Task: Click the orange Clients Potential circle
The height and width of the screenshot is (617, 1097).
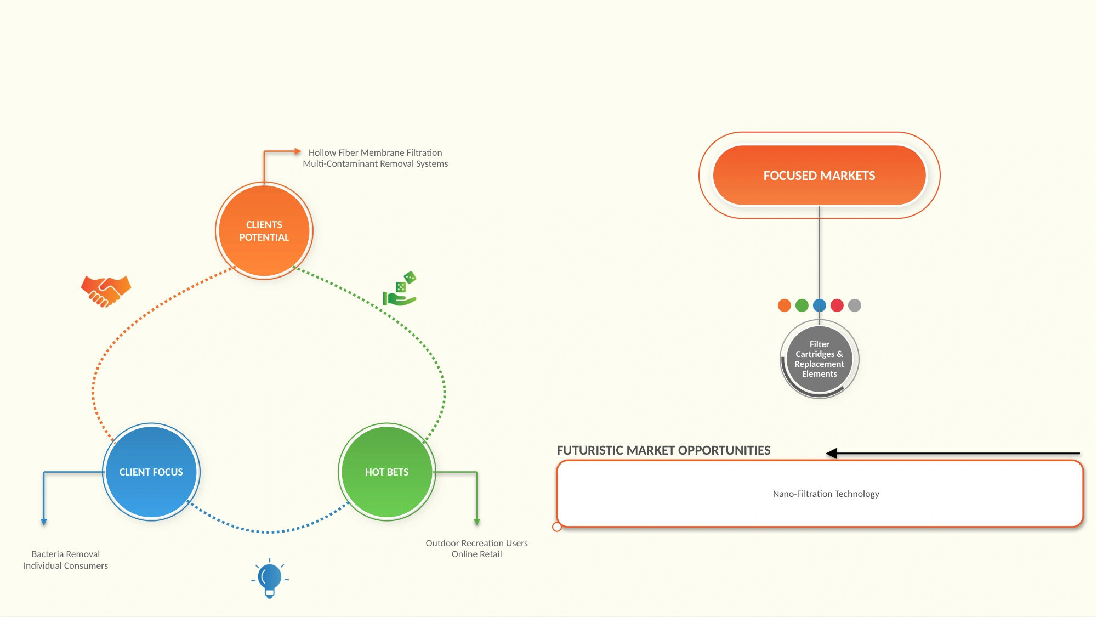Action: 264,231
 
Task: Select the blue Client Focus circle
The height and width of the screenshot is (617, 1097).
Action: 151,472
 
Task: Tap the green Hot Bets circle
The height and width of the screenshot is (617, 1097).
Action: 387,472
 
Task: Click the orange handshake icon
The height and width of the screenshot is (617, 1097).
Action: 106,291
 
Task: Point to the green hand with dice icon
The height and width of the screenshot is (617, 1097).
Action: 400,289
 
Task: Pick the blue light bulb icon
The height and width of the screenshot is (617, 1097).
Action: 270,579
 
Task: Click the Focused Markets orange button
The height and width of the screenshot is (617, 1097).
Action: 820,176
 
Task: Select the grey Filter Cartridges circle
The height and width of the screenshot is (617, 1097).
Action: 820,359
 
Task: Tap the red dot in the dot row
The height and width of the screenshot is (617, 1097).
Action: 837,305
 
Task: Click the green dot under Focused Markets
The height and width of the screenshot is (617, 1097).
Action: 802,305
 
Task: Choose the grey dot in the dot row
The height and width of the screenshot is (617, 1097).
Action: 855,305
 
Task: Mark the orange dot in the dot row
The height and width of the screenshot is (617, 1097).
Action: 785,305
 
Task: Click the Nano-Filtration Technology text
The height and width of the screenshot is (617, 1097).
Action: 826,494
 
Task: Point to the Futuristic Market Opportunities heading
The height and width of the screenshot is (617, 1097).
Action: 664,450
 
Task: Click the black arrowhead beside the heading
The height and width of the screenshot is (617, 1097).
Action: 832,454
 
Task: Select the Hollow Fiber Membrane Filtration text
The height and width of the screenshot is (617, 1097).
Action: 376,152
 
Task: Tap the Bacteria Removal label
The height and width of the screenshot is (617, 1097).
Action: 66,554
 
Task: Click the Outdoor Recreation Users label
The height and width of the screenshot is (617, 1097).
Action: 477,543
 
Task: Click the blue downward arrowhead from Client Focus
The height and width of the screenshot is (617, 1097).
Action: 44,523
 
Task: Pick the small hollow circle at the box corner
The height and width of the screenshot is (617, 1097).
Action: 557,527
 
